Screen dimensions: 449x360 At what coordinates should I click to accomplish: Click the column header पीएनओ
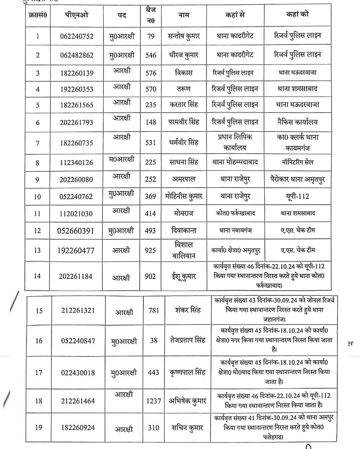pos(77,15)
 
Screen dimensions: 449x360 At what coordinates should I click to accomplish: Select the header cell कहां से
pos(235,15)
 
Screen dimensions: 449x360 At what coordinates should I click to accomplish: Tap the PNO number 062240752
pos(77,36)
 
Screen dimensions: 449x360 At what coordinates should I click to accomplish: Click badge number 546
pos(151,55)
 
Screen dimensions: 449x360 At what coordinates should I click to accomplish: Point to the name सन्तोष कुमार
pos(184,36)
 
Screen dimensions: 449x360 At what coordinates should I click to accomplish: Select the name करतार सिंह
pos(184,105)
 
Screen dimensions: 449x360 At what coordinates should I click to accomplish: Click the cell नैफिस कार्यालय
pos(297,122)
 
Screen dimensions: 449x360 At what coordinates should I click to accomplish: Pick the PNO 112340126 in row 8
pos(76,163)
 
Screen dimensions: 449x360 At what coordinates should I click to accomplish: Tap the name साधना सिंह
pos(184,162)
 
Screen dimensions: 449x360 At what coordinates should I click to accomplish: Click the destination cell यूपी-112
pos(297,196)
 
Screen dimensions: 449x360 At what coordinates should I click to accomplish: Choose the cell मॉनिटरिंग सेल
pos(297,162)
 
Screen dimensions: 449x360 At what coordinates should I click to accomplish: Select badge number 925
pos(150,250)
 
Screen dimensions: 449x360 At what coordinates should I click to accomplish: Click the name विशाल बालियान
pos(184,250)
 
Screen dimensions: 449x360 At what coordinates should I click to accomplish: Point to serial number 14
pos(37,276)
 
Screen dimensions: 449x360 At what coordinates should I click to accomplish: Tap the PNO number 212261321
pos(78,311)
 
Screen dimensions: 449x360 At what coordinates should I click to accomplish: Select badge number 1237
pos(154,401)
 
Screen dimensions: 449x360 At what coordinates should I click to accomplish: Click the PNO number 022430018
pos(78,373)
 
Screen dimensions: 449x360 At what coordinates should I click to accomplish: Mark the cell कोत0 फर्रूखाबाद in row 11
pos(235,213)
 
